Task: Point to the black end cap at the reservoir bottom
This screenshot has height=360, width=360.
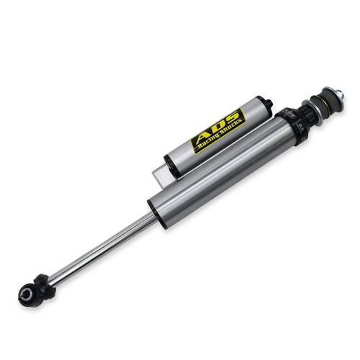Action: [171, 166]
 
